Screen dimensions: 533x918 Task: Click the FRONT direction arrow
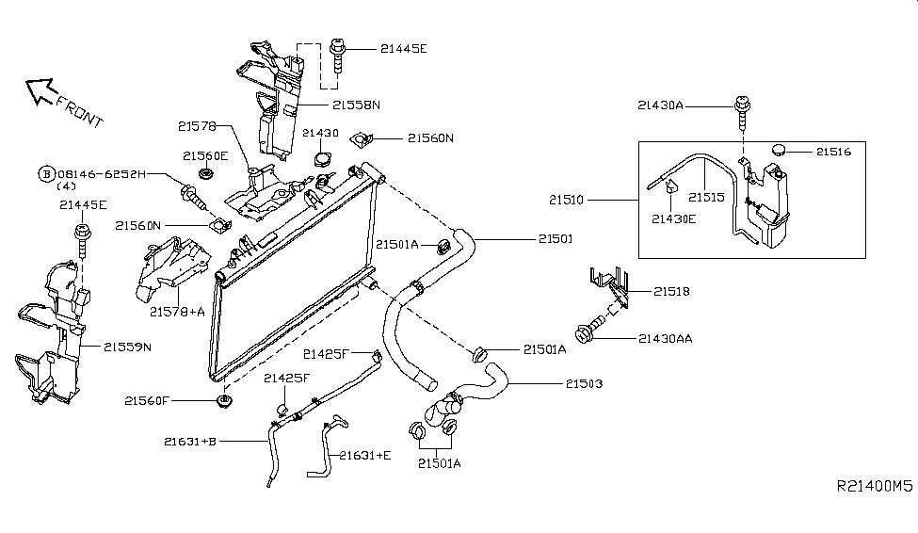(41, 90)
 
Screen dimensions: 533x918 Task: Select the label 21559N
(127, 347)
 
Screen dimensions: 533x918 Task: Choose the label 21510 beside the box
(591, 200)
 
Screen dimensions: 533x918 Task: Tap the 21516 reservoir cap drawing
(780, 149)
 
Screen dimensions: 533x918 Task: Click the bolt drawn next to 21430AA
(587, 333)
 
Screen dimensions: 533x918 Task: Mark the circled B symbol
(45, 174)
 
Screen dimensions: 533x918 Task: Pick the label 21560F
(148, 401)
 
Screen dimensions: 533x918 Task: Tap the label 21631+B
(189, 440)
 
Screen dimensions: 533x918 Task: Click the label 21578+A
(177, 311)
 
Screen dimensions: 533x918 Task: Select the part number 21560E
(204, 156)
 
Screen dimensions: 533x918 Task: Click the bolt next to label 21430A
(742, 110)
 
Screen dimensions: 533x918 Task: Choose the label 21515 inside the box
(705, 198)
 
